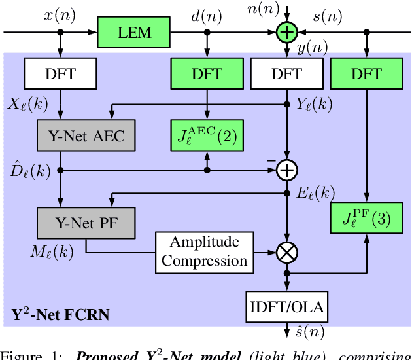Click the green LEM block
click(134, 31)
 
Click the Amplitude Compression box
click(205, 251)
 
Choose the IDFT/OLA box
click(287, 306)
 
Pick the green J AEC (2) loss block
click(207, 137)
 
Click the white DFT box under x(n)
click(61, 74)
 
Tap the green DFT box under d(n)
click(207, 74)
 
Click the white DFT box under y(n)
click(287, 74)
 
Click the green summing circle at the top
click(286, 31)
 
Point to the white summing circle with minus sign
click(286, 170)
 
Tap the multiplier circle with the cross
click(286, 251)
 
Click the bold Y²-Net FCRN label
click(60, 315)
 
